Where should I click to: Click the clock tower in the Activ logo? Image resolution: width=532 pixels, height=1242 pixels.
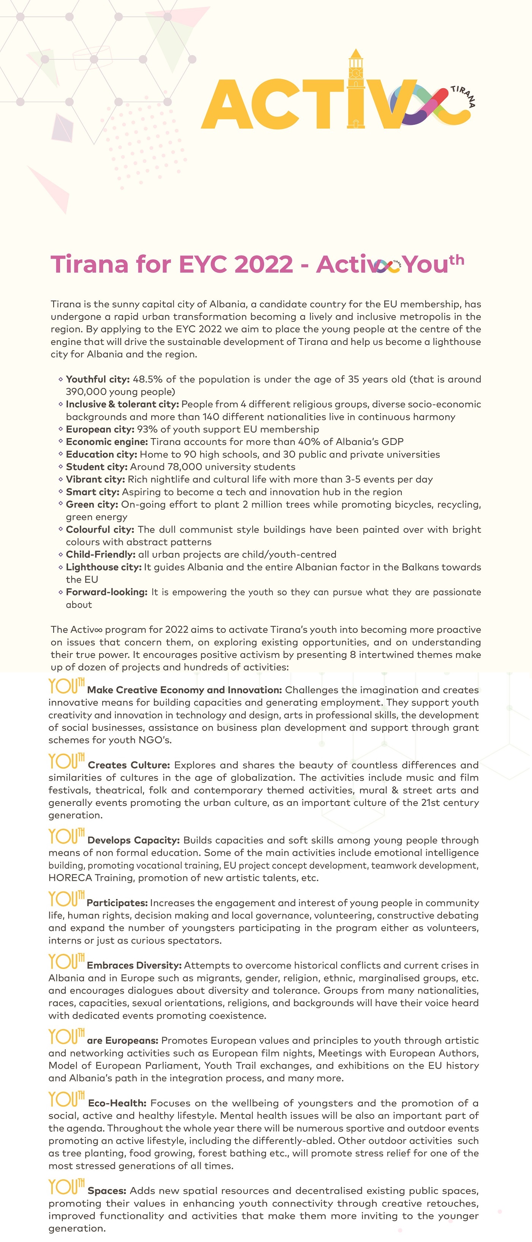(356, 89)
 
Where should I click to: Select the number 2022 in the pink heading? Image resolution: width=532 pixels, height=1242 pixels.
(264, 264)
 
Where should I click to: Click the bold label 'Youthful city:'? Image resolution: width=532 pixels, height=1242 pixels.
(98, 379)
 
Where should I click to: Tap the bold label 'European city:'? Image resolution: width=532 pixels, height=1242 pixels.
(100, 429)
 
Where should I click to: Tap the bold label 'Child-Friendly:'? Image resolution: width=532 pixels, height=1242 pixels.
(101, 554)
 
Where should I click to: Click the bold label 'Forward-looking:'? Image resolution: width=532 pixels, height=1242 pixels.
(106, 592)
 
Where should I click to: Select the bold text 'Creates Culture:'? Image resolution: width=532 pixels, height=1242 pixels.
(129, 765)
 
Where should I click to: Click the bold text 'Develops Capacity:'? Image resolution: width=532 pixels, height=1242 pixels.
(133, 840)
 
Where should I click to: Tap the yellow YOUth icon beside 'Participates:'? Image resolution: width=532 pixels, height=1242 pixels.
(66, 899)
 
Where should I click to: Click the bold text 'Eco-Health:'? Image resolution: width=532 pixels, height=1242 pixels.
(117, 1103)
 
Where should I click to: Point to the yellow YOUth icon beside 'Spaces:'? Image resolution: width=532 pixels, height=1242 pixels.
(66, 1187)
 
